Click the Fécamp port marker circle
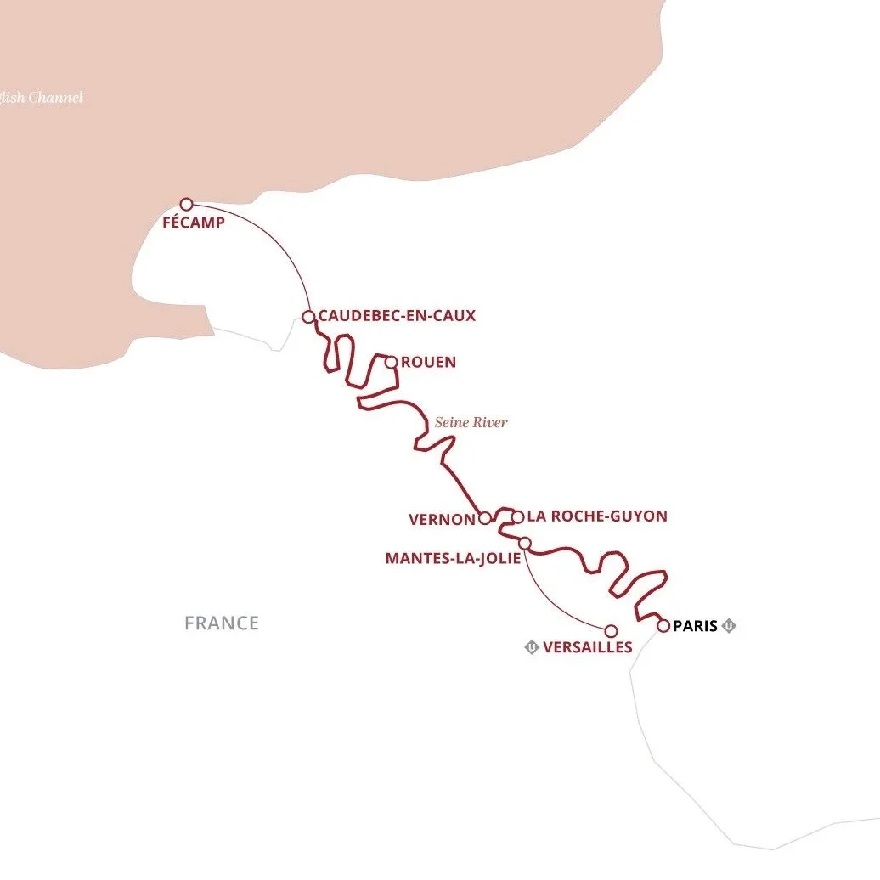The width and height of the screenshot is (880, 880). click(187, 204)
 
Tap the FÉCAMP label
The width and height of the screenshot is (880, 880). click(195, 223)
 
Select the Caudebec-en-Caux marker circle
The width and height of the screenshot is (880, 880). click(308, 317)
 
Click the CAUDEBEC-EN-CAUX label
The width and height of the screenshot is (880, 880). click(397, 316)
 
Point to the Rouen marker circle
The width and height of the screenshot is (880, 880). click(391, 363)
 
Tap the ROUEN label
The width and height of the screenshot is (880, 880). click(428, 363)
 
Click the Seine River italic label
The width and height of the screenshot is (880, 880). click(471, 422)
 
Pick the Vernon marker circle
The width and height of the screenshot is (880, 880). click(484, 518)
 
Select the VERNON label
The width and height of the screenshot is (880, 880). click(440, 518)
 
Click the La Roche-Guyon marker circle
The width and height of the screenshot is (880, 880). click(516, 516)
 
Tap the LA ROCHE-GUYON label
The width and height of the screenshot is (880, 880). click(597, 516)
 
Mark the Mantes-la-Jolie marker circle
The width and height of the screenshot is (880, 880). click(525, 543)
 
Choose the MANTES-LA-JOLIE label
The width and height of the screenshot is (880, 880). click(453, 558)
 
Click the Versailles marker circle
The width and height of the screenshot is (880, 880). click(610, 631)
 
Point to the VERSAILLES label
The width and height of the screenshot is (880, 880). click(587, 647)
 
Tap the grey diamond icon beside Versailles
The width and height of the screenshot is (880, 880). click(532, 647)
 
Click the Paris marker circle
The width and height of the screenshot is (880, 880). click(663, 626)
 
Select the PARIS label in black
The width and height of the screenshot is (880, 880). click(695, 626)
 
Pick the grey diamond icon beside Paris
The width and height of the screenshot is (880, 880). click(729, 626)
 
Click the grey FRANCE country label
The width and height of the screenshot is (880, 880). click(222, 623)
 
